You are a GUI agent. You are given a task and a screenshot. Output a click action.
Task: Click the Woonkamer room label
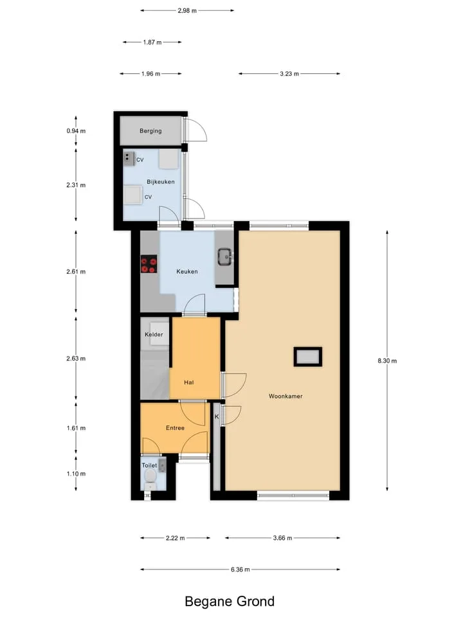286,397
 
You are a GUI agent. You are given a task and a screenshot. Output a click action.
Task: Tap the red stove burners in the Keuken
149,264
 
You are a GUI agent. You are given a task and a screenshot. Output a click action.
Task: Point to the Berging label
150,131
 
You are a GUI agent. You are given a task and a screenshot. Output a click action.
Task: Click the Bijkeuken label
161,182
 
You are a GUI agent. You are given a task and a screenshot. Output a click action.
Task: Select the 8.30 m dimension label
387,361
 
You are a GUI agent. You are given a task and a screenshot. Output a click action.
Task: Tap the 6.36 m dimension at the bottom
240,569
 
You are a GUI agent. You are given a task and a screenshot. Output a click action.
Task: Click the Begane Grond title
230,602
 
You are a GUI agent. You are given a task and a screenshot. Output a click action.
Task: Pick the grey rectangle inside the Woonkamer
308,357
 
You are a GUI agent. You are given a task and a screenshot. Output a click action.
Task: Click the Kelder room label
154,334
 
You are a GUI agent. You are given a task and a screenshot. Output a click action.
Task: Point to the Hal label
188,382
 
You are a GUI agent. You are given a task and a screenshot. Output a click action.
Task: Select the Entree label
175,428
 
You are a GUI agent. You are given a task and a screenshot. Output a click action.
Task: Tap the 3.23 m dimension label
289,73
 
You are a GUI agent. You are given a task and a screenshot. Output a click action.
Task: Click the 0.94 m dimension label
76,131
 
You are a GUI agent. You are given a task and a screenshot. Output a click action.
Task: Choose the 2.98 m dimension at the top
187,11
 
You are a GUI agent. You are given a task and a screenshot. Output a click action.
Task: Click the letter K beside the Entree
217,416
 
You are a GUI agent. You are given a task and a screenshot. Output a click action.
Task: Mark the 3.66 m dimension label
282,538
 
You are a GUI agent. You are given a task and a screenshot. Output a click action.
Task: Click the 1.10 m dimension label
76,474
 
